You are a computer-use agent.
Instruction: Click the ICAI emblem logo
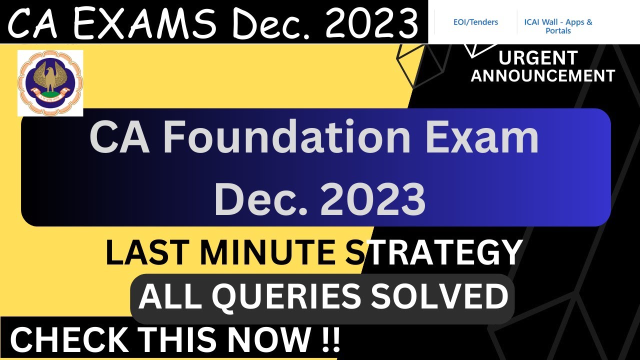(50, 83)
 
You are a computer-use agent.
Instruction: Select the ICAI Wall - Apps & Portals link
(558, 26)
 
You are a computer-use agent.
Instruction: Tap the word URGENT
(538, 58)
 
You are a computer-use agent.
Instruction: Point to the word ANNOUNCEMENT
(543, 75)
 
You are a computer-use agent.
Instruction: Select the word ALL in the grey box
(167, 296)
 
